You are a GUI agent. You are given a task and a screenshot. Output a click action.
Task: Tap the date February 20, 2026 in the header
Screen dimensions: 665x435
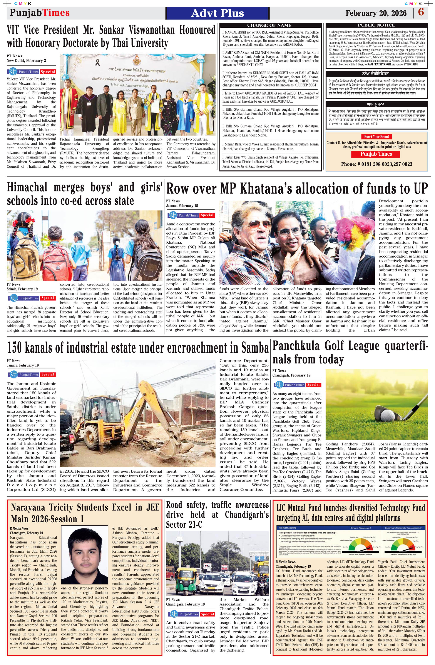point(376,13)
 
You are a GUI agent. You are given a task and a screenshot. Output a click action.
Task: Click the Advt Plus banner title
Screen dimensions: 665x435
point(217,13)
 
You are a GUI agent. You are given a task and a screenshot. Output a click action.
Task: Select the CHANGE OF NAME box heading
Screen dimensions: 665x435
point(269,25)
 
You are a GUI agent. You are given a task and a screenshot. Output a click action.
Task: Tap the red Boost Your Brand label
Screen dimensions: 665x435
point(376,137)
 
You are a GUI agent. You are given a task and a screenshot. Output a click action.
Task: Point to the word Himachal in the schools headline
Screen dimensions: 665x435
point(27,187)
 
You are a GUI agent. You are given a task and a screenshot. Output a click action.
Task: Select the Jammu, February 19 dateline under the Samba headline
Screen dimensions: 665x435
point(23,365)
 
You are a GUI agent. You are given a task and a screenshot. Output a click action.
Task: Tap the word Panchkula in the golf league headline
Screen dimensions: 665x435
point(296,346)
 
